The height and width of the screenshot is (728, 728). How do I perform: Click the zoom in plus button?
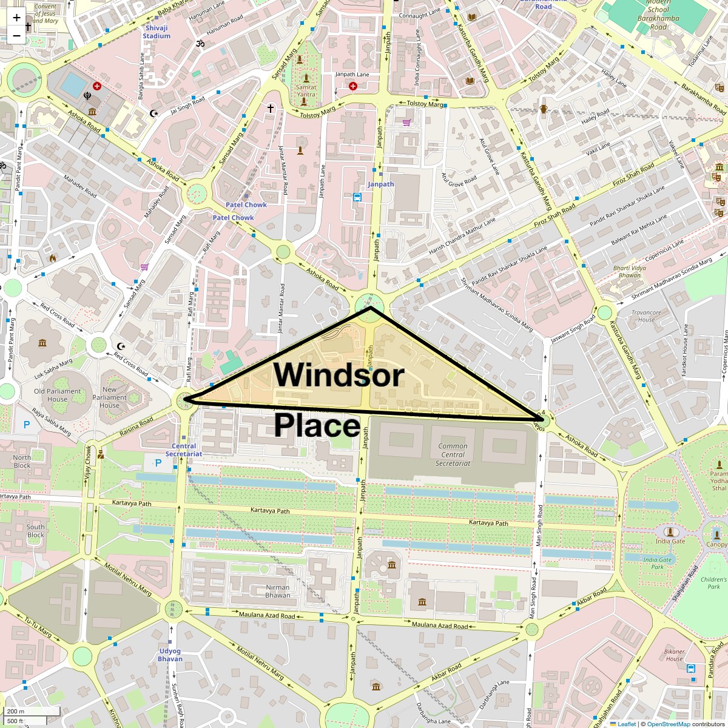pos(16,18)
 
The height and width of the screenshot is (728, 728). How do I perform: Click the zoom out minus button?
pos(16,36)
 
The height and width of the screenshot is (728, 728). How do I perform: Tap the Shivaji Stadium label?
pos(157,32)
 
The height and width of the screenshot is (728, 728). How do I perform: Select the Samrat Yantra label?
pos(306,90)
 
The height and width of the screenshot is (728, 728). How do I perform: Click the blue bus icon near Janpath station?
pos(357,197)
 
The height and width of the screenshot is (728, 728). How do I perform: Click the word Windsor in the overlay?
pos(338,374)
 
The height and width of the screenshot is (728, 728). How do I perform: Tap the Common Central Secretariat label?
pos(453,454)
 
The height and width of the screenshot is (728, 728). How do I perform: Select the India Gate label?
pos(670,541)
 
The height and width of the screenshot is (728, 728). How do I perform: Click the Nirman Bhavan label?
pos(277,591)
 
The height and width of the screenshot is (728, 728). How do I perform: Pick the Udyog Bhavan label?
pos(170,655)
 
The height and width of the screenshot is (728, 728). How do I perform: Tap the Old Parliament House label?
pos(57,395)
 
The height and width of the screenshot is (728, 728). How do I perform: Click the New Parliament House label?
pos(110,397)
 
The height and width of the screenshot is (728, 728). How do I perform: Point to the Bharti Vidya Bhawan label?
pos(629,271)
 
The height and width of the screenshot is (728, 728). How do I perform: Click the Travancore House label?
pos(646,316)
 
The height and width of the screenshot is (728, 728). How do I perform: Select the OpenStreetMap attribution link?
pos(668,724)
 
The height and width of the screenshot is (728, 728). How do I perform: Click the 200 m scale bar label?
pos(16,711)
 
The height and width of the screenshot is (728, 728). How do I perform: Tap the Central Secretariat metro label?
pos(183,450)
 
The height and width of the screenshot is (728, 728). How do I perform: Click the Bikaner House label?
pos(674,655)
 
